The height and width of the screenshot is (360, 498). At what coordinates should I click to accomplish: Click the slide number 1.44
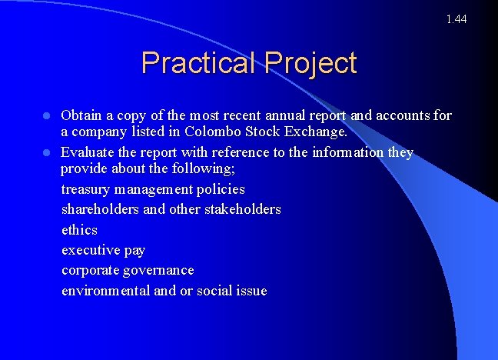point(456,18)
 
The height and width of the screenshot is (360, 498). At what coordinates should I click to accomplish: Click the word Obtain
point(82,116)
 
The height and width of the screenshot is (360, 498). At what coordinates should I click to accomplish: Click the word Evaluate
point(88,152)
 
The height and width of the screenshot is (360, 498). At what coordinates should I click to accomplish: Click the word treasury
point(87,189)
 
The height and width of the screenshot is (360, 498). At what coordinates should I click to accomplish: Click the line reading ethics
point(79,230)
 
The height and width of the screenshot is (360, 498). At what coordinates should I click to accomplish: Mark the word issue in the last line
point(251,291)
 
